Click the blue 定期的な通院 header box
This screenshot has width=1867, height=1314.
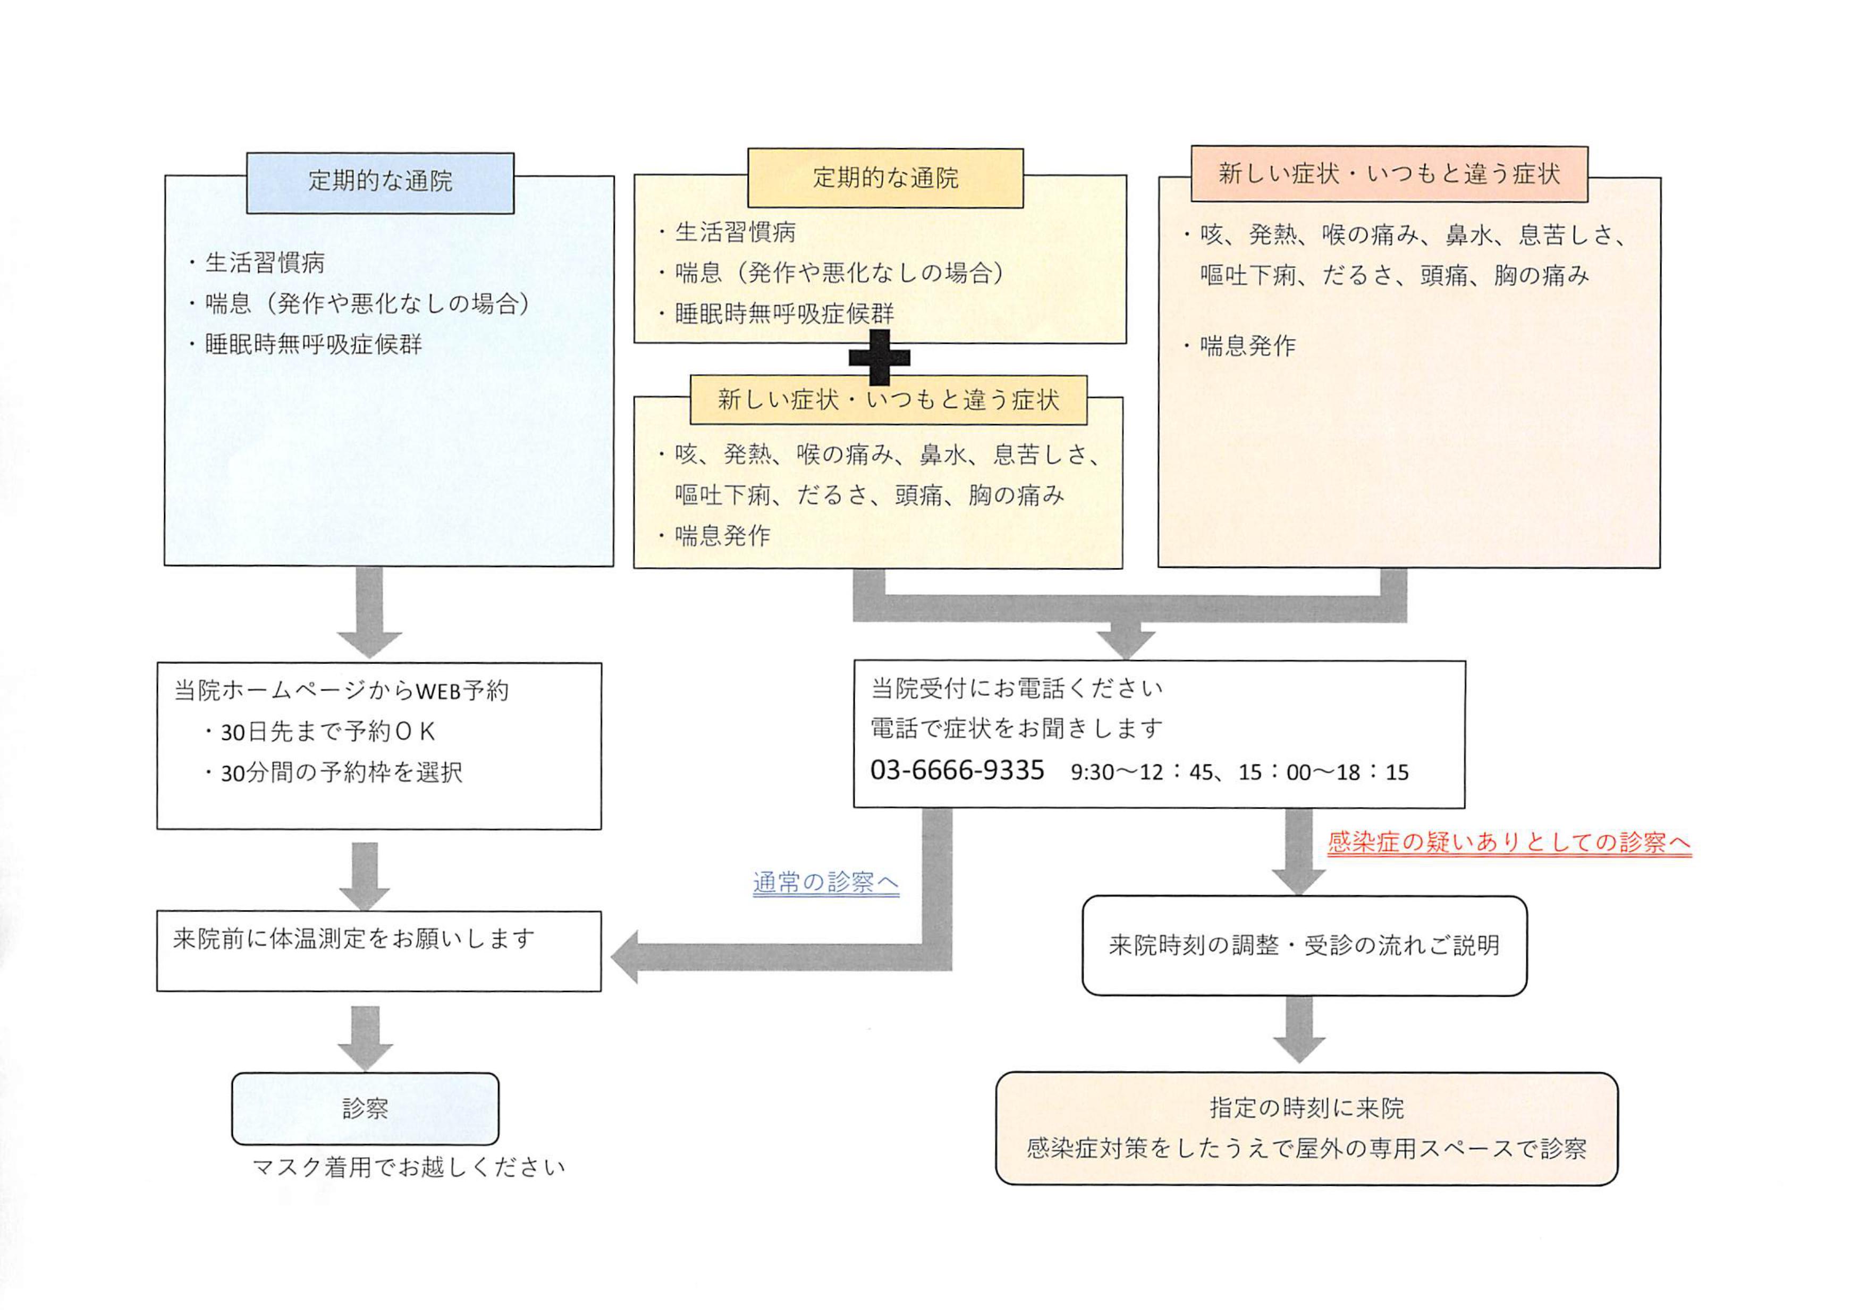[x=380, y=182]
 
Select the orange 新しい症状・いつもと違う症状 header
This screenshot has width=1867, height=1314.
[x=1389, y=174]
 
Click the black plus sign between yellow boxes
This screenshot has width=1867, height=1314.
[x=879, y=357]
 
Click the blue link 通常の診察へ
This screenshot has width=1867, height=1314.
[x=825, y=882]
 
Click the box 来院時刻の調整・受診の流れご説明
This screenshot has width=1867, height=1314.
[x=1304, y=946]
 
